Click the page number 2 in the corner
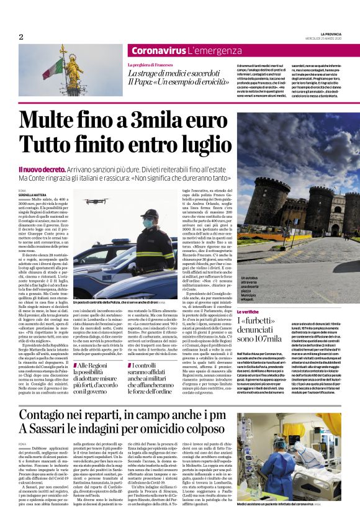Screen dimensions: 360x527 point(20,37)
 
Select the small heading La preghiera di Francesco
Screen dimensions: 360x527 point(152,65)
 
